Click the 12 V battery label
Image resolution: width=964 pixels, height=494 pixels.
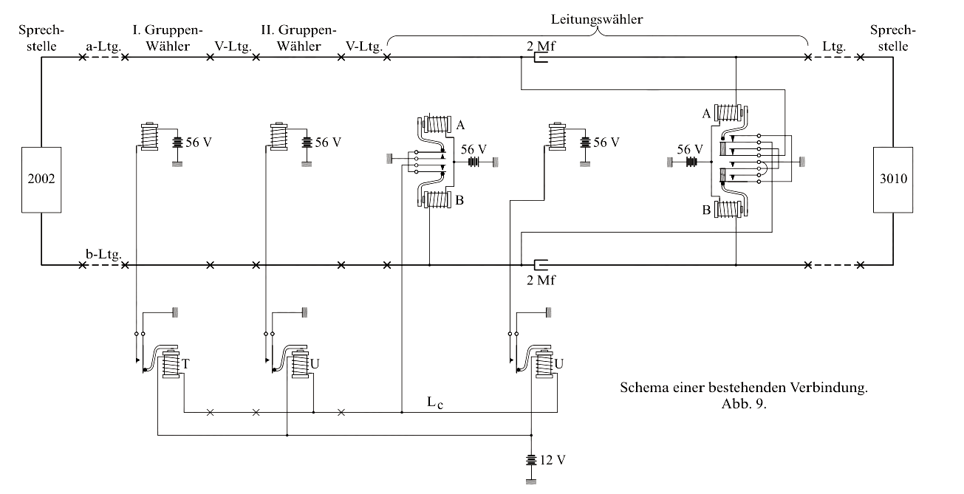coord(552,459)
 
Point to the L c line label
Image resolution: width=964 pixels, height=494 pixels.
coord(434,403)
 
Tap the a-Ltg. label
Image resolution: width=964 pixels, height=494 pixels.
coord(100,47)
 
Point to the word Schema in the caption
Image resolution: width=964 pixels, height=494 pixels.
coord(640,388)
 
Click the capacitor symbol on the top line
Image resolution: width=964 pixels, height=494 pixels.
coord(539,59)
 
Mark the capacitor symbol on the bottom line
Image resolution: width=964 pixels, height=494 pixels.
coord(539,264)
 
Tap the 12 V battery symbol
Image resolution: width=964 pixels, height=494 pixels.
coord(531,459)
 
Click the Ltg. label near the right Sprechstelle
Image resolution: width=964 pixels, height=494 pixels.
coord(834,47)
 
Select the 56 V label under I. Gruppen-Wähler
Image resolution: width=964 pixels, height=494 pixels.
coord(197,142)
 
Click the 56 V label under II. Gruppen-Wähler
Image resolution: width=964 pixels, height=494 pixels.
coord(329,142)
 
